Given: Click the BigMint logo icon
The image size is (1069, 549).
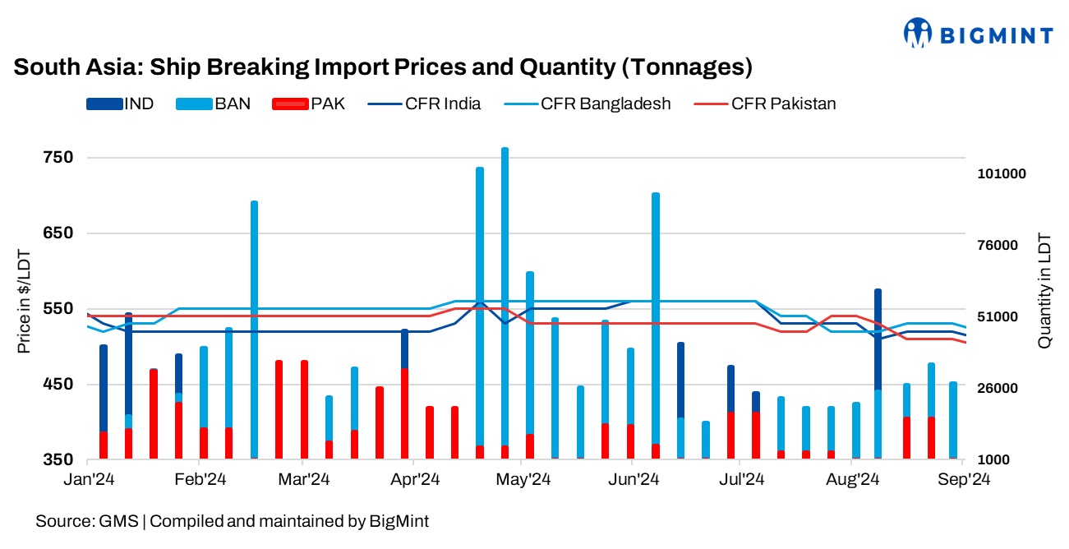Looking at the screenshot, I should pos(918,34).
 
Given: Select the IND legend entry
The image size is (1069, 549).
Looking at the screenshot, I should pos(120,104).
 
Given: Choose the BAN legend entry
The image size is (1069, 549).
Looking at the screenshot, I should pos(213,104).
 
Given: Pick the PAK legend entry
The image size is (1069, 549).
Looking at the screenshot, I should pos(309,104).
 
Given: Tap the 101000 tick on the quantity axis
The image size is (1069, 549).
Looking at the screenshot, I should pos(1002,174).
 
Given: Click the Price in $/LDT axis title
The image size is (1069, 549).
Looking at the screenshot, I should pos(25,302).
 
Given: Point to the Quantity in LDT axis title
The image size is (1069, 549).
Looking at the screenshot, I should pos(1044,289).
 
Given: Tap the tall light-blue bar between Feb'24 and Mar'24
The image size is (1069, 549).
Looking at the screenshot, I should pos(254,329).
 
